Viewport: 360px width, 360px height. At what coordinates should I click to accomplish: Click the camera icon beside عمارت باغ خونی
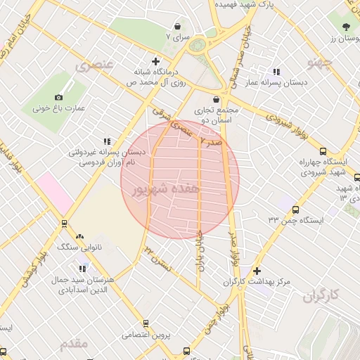tap(58, 97)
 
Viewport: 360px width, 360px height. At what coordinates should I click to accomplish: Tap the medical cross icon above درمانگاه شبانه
tap(155, 61)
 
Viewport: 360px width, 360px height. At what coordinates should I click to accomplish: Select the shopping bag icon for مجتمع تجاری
tap(215, 99)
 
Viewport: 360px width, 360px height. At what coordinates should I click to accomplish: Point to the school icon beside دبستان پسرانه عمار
tap(276, 72)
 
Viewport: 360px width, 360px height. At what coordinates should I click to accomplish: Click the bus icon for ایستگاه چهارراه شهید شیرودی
tap(323, 151)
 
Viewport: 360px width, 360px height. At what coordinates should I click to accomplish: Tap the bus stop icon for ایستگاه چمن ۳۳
tap(295, 210)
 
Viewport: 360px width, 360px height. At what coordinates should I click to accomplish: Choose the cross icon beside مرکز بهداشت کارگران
tap(257, 271)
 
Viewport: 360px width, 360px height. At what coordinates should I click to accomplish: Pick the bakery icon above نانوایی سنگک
tap(79, 237)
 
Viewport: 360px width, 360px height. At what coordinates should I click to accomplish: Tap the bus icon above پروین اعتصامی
tap(146, 323)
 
